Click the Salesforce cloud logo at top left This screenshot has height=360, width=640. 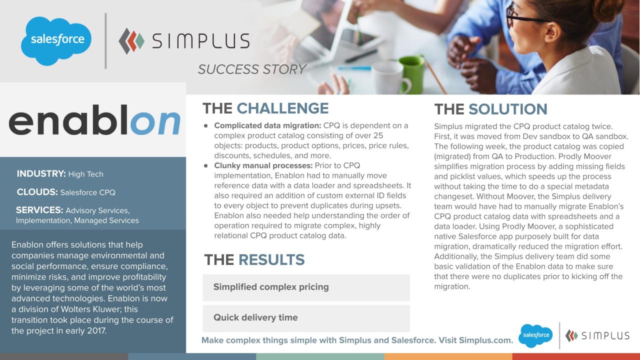pyautogui.click(x=56, y=40)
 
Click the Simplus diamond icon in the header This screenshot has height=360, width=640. pyautogui.click(x=131, y=41)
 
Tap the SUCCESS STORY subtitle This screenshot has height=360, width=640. pyautogui.click(x=251, y=69)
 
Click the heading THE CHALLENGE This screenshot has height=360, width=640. pyautogui.click(x=265, y=108)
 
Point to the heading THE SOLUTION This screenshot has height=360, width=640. pyautogui.click(x=490, y=109)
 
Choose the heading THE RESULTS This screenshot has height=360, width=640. pyautogui.click(x=254, y=260)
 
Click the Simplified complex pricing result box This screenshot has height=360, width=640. pyautogui.click(x=306, y=287)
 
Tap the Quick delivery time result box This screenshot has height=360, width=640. pyautogui.click(x=306, y=318)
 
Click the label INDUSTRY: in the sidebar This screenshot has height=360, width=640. pyautogui.click(x=41, y=174)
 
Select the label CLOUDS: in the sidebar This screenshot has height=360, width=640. pyautogui.click(x=37, y=192)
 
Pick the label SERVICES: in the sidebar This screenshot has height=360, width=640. pyautogui.click(x=39, y=210)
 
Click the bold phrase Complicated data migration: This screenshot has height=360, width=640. pyautogui.click(x=267, y=125)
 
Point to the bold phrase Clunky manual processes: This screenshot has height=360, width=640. pyautogui.click(x=263, y=165)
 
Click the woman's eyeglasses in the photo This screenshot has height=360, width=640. pyautogui.click(x=525, y=18)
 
